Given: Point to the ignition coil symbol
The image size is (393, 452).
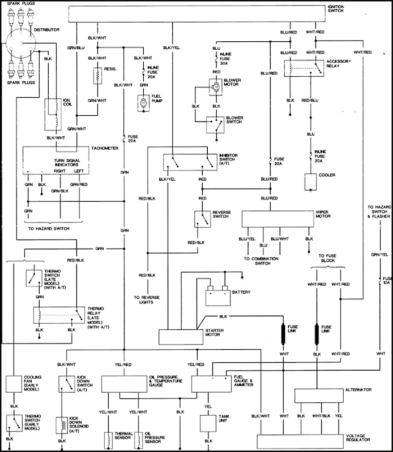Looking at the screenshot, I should point(55,113).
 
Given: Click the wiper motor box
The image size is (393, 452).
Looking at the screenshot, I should point(278,218).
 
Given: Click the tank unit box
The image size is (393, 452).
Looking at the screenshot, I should point(208,421).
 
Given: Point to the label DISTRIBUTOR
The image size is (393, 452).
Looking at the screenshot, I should point(47,29).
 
